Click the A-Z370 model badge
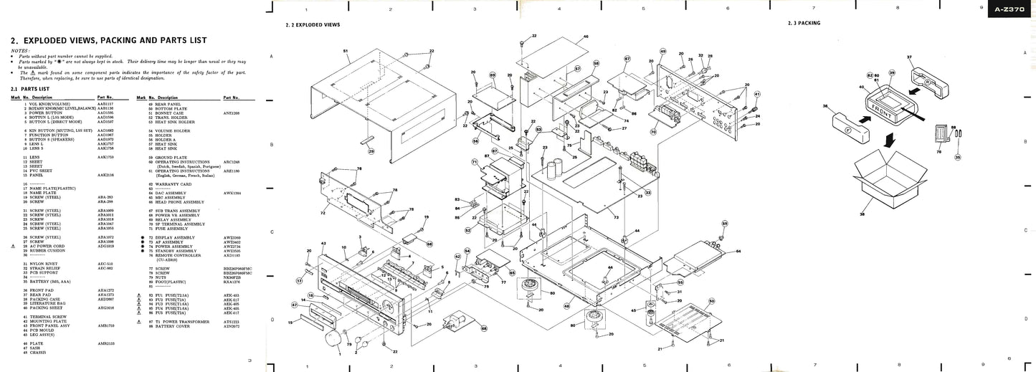1009,10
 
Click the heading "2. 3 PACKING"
804,24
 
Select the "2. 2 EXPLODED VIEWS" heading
313,24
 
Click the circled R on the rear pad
926,82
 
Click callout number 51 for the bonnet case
346,52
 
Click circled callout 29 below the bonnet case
371,151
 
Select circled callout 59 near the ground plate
725,224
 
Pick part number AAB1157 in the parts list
105,104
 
